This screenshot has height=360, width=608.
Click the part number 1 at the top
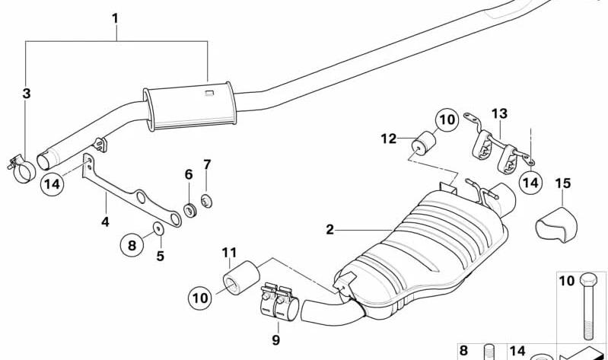tap(115, 16)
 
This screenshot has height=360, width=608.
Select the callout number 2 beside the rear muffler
tap(330, 229)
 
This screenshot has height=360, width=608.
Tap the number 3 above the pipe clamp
tap(27, 94)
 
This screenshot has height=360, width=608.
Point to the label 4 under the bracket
tap(105, 221)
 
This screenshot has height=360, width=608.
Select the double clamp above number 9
tap(277, 301)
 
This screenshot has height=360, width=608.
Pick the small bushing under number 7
tap(205, 202)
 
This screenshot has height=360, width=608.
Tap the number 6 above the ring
tap(189, 174)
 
